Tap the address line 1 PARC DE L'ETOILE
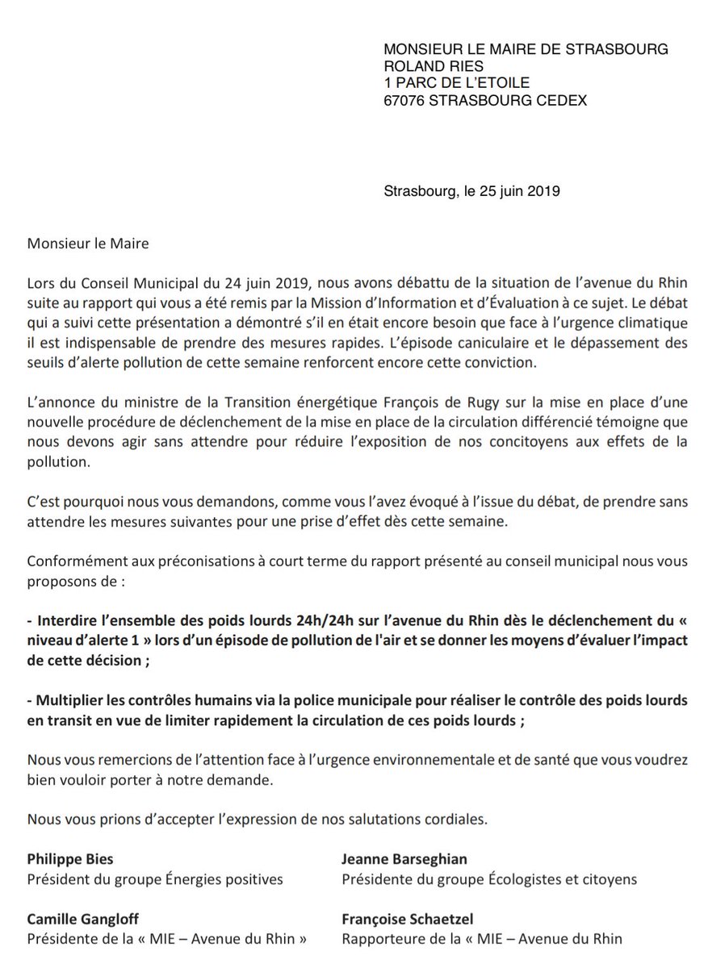point(458,83)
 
